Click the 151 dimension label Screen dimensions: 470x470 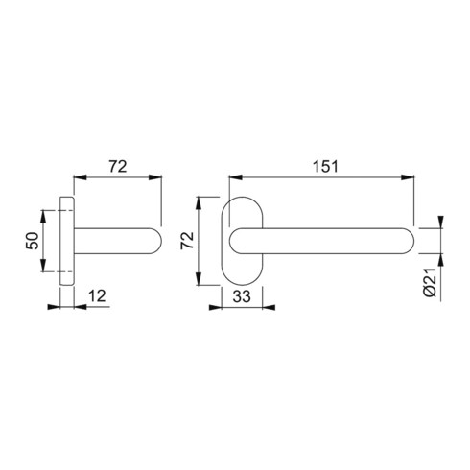[x=324, y=166]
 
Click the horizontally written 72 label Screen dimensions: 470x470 [x=117, y=166]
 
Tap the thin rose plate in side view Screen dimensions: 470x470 [x=66, y=240]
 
